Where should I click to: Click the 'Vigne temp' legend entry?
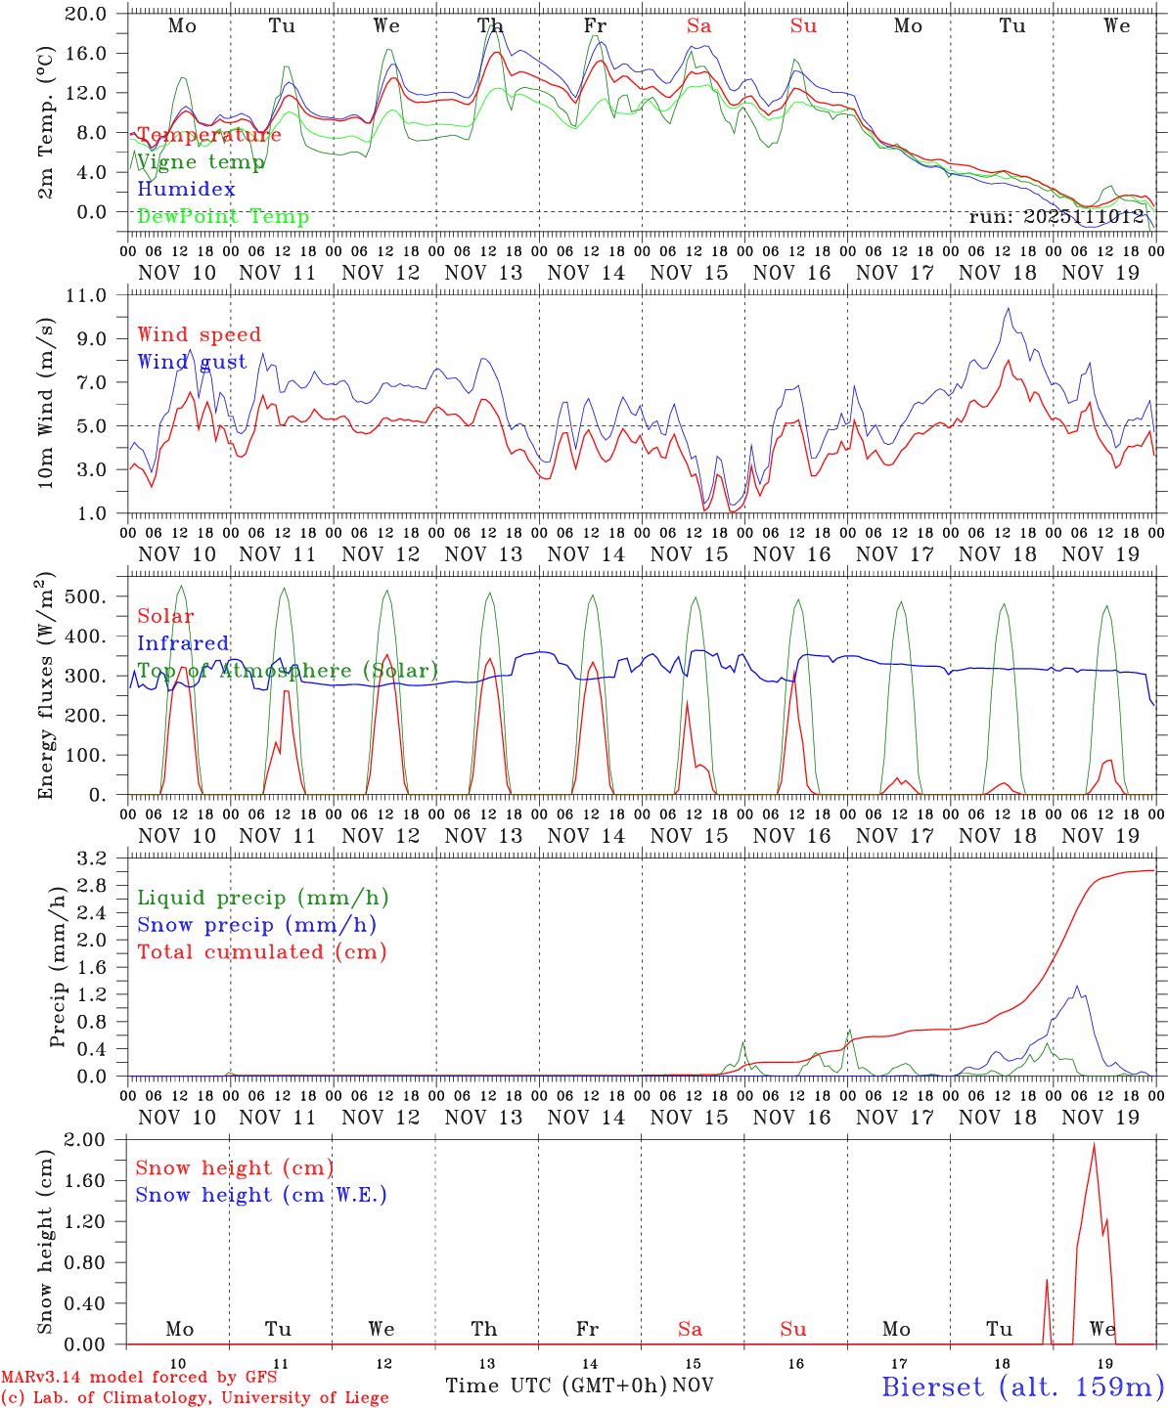(201, 162)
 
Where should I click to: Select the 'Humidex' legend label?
(186, 190)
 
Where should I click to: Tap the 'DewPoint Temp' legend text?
(223, 217)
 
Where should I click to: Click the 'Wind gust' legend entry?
(192, 362)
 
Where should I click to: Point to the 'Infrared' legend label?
(183, 643)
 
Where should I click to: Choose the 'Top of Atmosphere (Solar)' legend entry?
(288, 671)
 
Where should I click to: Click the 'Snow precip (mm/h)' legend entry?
(256, 925)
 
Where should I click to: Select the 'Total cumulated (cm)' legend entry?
(261, 952)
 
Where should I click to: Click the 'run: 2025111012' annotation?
(1056, 217)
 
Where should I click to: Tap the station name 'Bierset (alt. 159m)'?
(1022, 1386)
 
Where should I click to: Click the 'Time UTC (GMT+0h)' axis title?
(556, 1386)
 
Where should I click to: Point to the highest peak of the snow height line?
(1094, 1143)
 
